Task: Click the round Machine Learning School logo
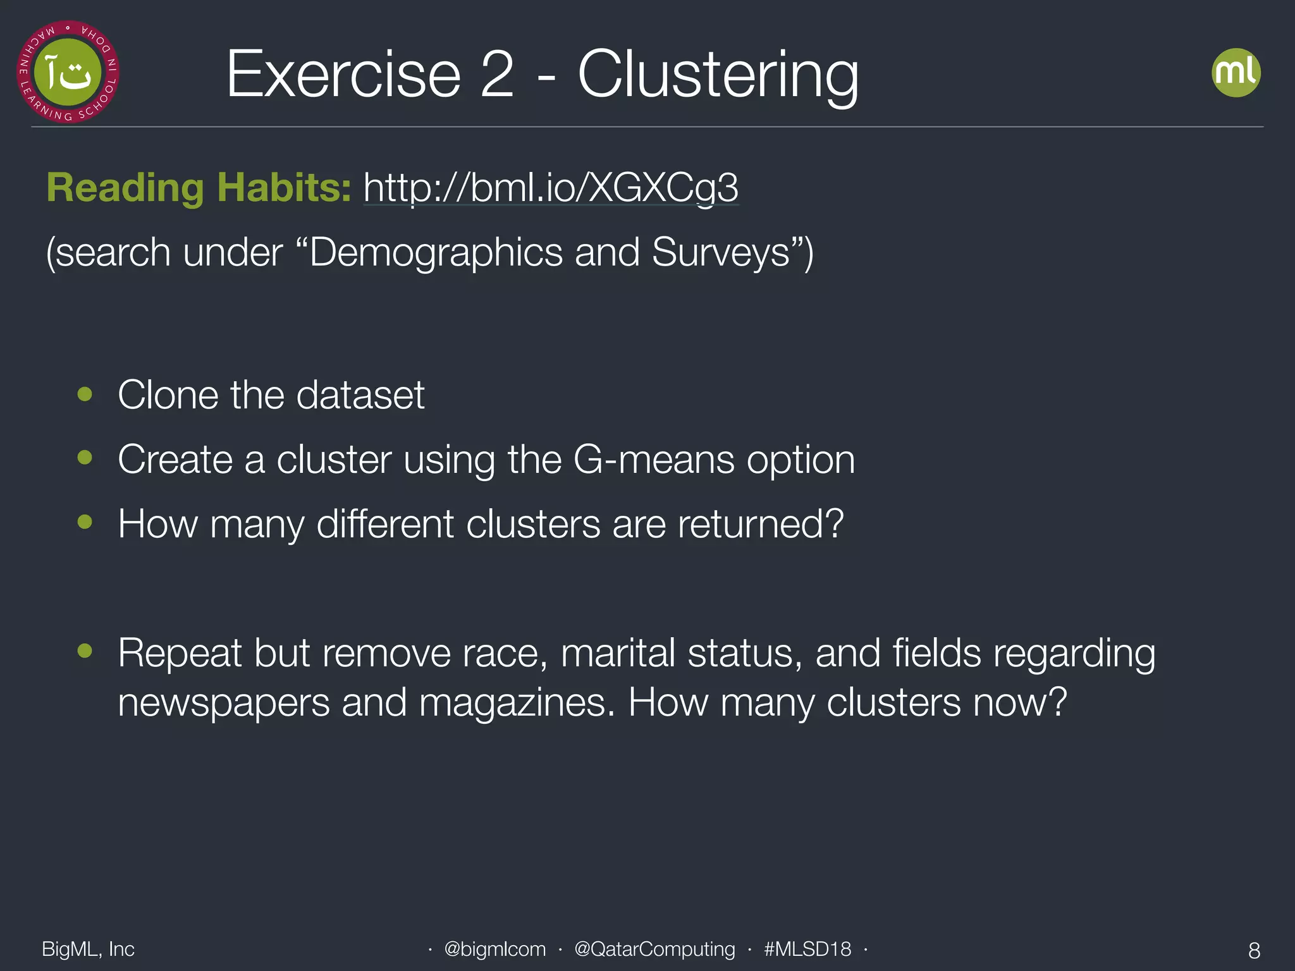tap(68, 72)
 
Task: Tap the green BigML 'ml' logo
tap(1236, 73)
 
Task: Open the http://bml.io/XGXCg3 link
tap(550, 188)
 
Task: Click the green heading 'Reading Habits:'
tap(199, 188)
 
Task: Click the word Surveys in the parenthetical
tap(721, 253)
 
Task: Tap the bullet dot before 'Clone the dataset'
tap(85, 394)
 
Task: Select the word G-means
tap(653, 460)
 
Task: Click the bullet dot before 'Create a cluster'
tap(85, 457)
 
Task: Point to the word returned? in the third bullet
tap(761, 524)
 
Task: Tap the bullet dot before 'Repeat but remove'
tap(85, 650)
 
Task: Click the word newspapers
tap(224, 702)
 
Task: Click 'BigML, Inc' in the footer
tap(88, 949)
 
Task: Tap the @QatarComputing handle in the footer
tap(654, 949)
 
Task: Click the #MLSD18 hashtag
tap(807, 949)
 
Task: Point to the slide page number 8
tap(1254, 950)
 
